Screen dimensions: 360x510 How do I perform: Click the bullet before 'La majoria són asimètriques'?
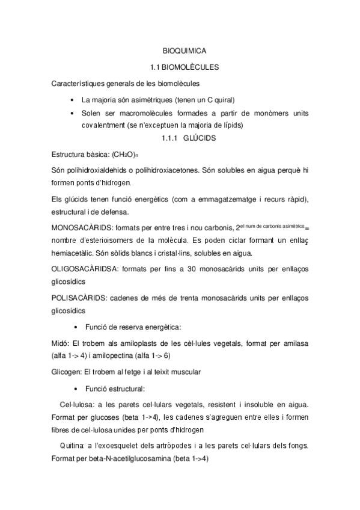pyautogui.click(x=73, y=99)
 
